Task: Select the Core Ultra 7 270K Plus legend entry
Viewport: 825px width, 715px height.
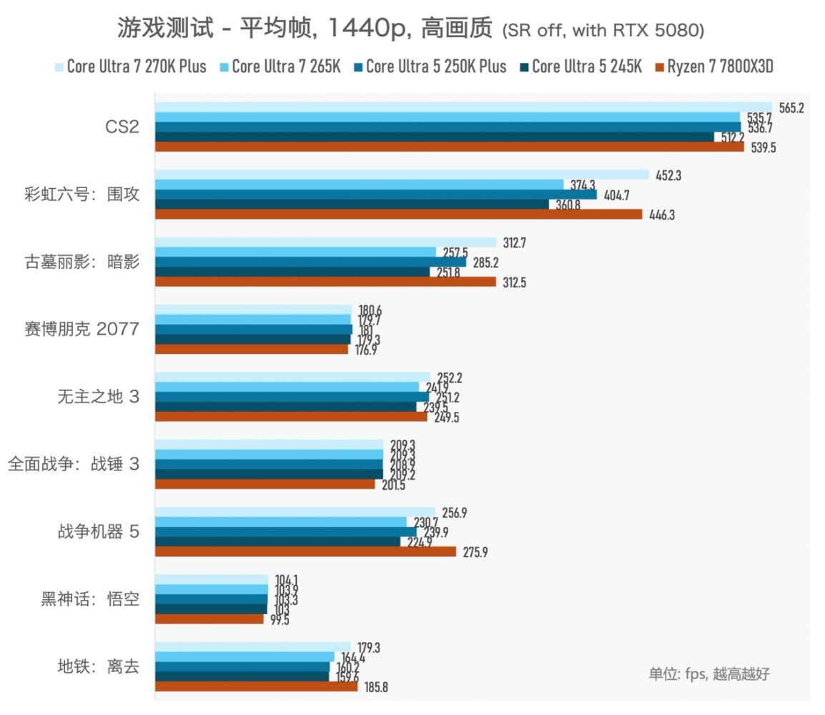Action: (x=136, y=67)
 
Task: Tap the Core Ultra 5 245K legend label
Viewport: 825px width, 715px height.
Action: (x=586, y=67)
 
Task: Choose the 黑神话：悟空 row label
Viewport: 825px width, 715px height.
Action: (x=89, y=599)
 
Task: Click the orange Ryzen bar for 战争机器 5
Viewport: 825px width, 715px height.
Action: (x=305, y=552)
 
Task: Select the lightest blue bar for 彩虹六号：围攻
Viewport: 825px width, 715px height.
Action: (x=401, y=174)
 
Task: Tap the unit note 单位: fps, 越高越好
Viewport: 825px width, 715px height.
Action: (x=708, y=673)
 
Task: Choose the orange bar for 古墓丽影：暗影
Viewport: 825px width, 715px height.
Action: (x=325, y=282)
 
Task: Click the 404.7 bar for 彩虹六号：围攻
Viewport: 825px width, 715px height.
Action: (x=375, y=194)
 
